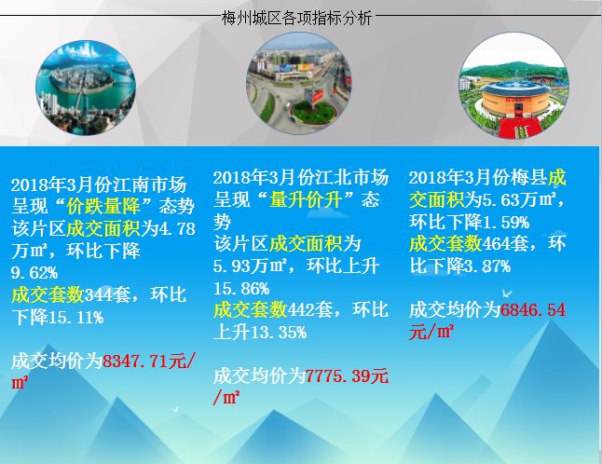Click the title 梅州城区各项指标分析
[296, 18]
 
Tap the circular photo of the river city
[86, 89]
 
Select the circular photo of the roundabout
[299, 83]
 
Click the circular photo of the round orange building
[514, 86]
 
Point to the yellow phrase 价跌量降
[103, 207]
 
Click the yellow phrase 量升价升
[306, 200]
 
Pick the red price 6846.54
[533, 309]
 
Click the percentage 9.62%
[34, 273]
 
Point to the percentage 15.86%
[241, 288]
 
